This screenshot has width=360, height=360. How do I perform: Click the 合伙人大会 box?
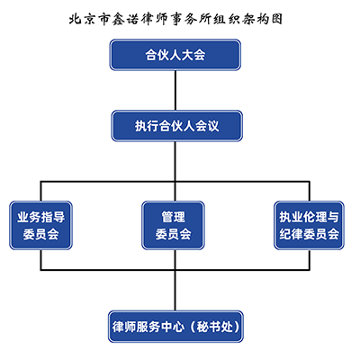175,55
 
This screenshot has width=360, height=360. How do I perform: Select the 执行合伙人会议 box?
175,125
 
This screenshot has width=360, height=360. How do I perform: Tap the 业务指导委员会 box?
41,225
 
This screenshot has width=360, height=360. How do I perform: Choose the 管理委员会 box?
175,225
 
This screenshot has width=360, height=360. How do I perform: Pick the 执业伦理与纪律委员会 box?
309,225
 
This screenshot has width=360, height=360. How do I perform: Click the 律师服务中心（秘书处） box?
175,323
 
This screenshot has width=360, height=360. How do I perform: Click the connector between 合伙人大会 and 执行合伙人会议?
175,90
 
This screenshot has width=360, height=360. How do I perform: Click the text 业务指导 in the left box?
41,216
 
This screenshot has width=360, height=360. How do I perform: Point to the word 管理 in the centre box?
174,216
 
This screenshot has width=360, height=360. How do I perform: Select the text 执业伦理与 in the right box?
309,216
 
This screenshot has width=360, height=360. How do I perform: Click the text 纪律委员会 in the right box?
309,235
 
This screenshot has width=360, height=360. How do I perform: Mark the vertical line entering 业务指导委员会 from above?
41,187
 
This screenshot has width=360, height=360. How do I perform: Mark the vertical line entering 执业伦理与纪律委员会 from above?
309,187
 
